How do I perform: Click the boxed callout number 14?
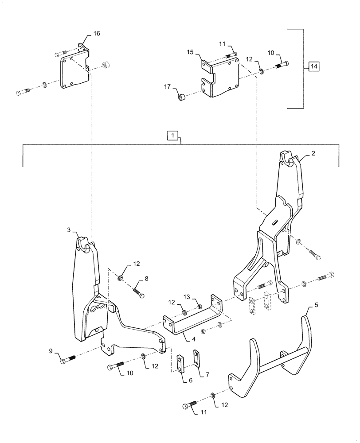point(313,66)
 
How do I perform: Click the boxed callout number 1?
point(172,134)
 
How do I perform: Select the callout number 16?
point(96,34)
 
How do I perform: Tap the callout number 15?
point(190,53)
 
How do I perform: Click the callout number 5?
point(316,305)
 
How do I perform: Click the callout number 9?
point(51,351)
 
